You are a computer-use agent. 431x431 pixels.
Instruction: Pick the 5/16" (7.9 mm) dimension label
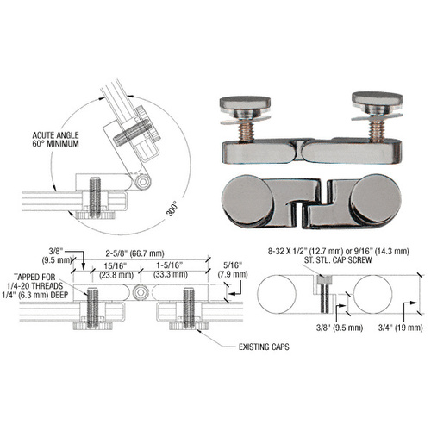234,269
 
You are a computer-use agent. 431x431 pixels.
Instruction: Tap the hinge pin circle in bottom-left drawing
138,292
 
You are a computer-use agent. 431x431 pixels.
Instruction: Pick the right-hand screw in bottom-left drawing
187,307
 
